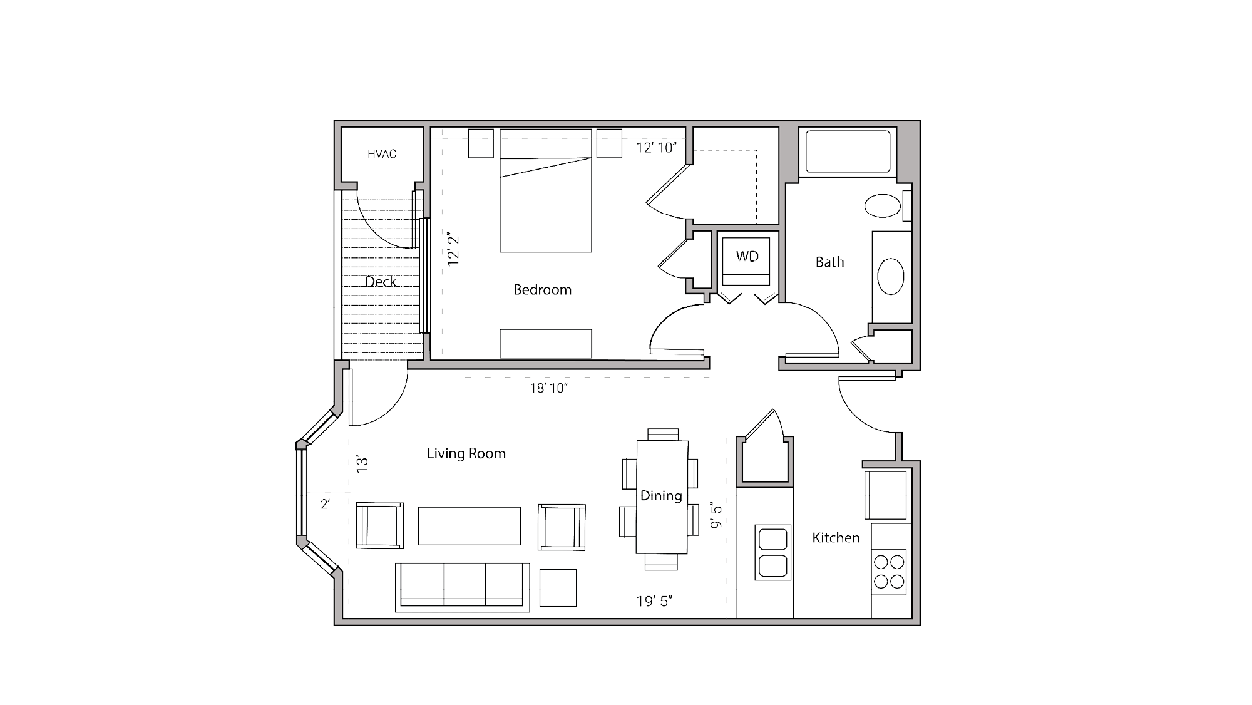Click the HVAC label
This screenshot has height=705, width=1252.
click(x=382, y=154)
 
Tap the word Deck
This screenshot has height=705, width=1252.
click(x=381, y=282)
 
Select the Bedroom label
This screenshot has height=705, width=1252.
click(x=542, y=290)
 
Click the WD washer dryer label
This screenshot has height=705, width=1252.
click(x=747, y=257)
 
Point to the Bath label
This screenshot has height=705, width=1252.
click(x=829, y=262)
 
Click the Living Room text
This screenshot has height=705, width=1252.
click(x=466, y=454)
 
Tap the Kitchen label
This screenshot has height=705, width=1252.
click(x=836, y=538)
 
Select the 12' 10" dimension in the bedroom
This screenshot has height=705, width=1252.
click(x=656, y=148)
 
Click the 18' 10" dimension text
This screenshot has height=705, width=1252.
click(x=548, y=388)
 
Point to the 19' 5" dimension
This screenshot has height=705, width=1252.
click(x=654, y=602)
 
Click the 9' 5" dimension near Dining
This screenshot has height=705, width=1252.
click(x=716, y=515)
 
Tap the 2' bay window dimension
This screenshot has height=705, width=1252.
click(x=325, y=504)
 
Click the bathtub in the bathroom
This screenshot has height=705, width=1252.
click(x=848, y=151)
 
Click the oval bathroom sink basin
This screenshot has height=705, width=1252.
click(x=890, y=277)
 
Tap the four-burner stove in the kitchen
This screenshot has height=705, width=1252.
click(x=889, y=571)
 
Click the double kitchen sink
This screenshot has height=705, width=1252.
click(x=773, y=553)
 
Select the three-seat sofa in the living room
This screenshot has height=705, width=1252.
click(x=462, y=587)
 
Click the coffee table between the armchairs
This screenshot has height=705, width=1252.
click(x=469, y=526)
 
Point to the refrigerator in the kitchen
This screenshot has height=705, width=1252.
click(x=886, y=495)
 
